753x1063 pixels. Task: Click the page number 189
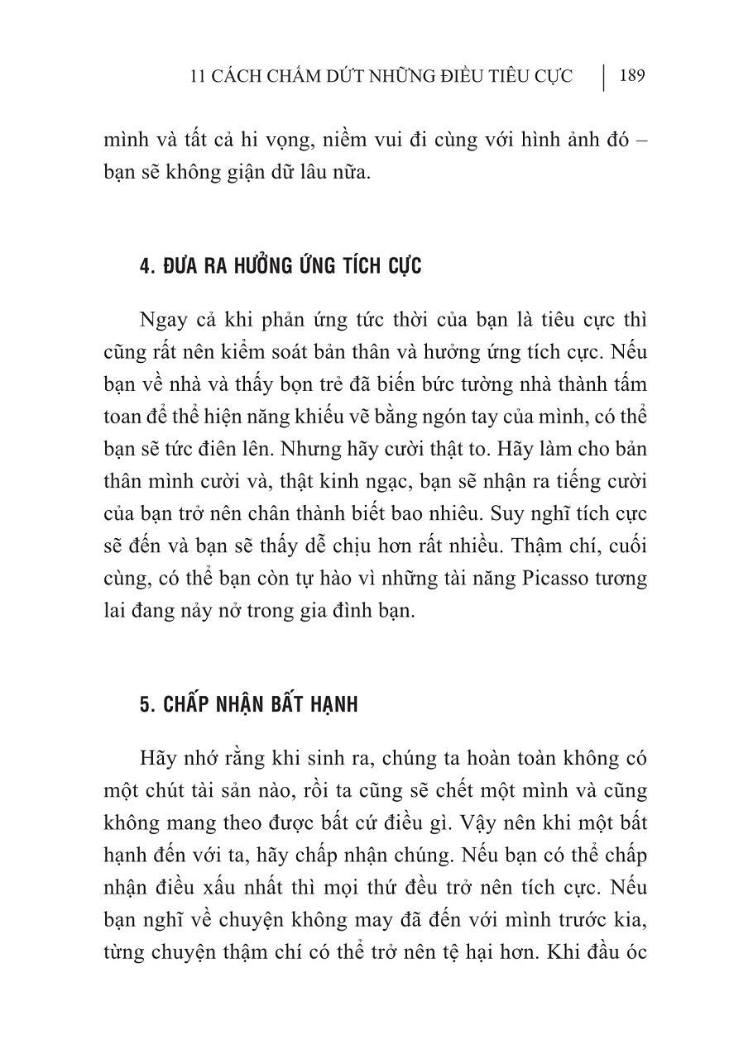631,76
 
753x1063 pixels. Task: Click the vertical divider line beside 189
603,77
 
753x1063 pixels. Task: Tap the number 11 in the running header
197,77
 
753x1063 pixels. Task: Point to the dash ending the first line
641,140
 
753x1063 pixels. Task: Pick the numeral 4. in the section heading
146,267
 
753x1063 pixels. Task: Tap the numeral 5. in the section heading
146,705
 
